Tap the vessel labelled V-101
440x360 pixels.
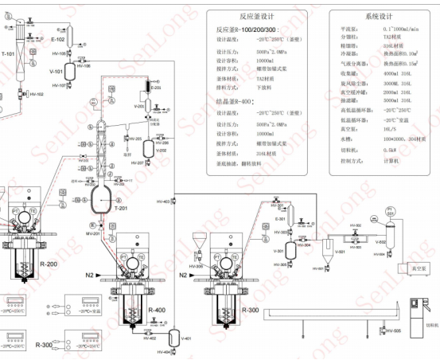pyautogui.click(x=71, y=70)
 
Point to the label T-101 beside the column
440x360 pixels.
pyautogui.click(x=7, y=54)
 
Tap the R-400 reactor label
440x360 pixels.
pyautogui.click(x=156, y=310)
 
